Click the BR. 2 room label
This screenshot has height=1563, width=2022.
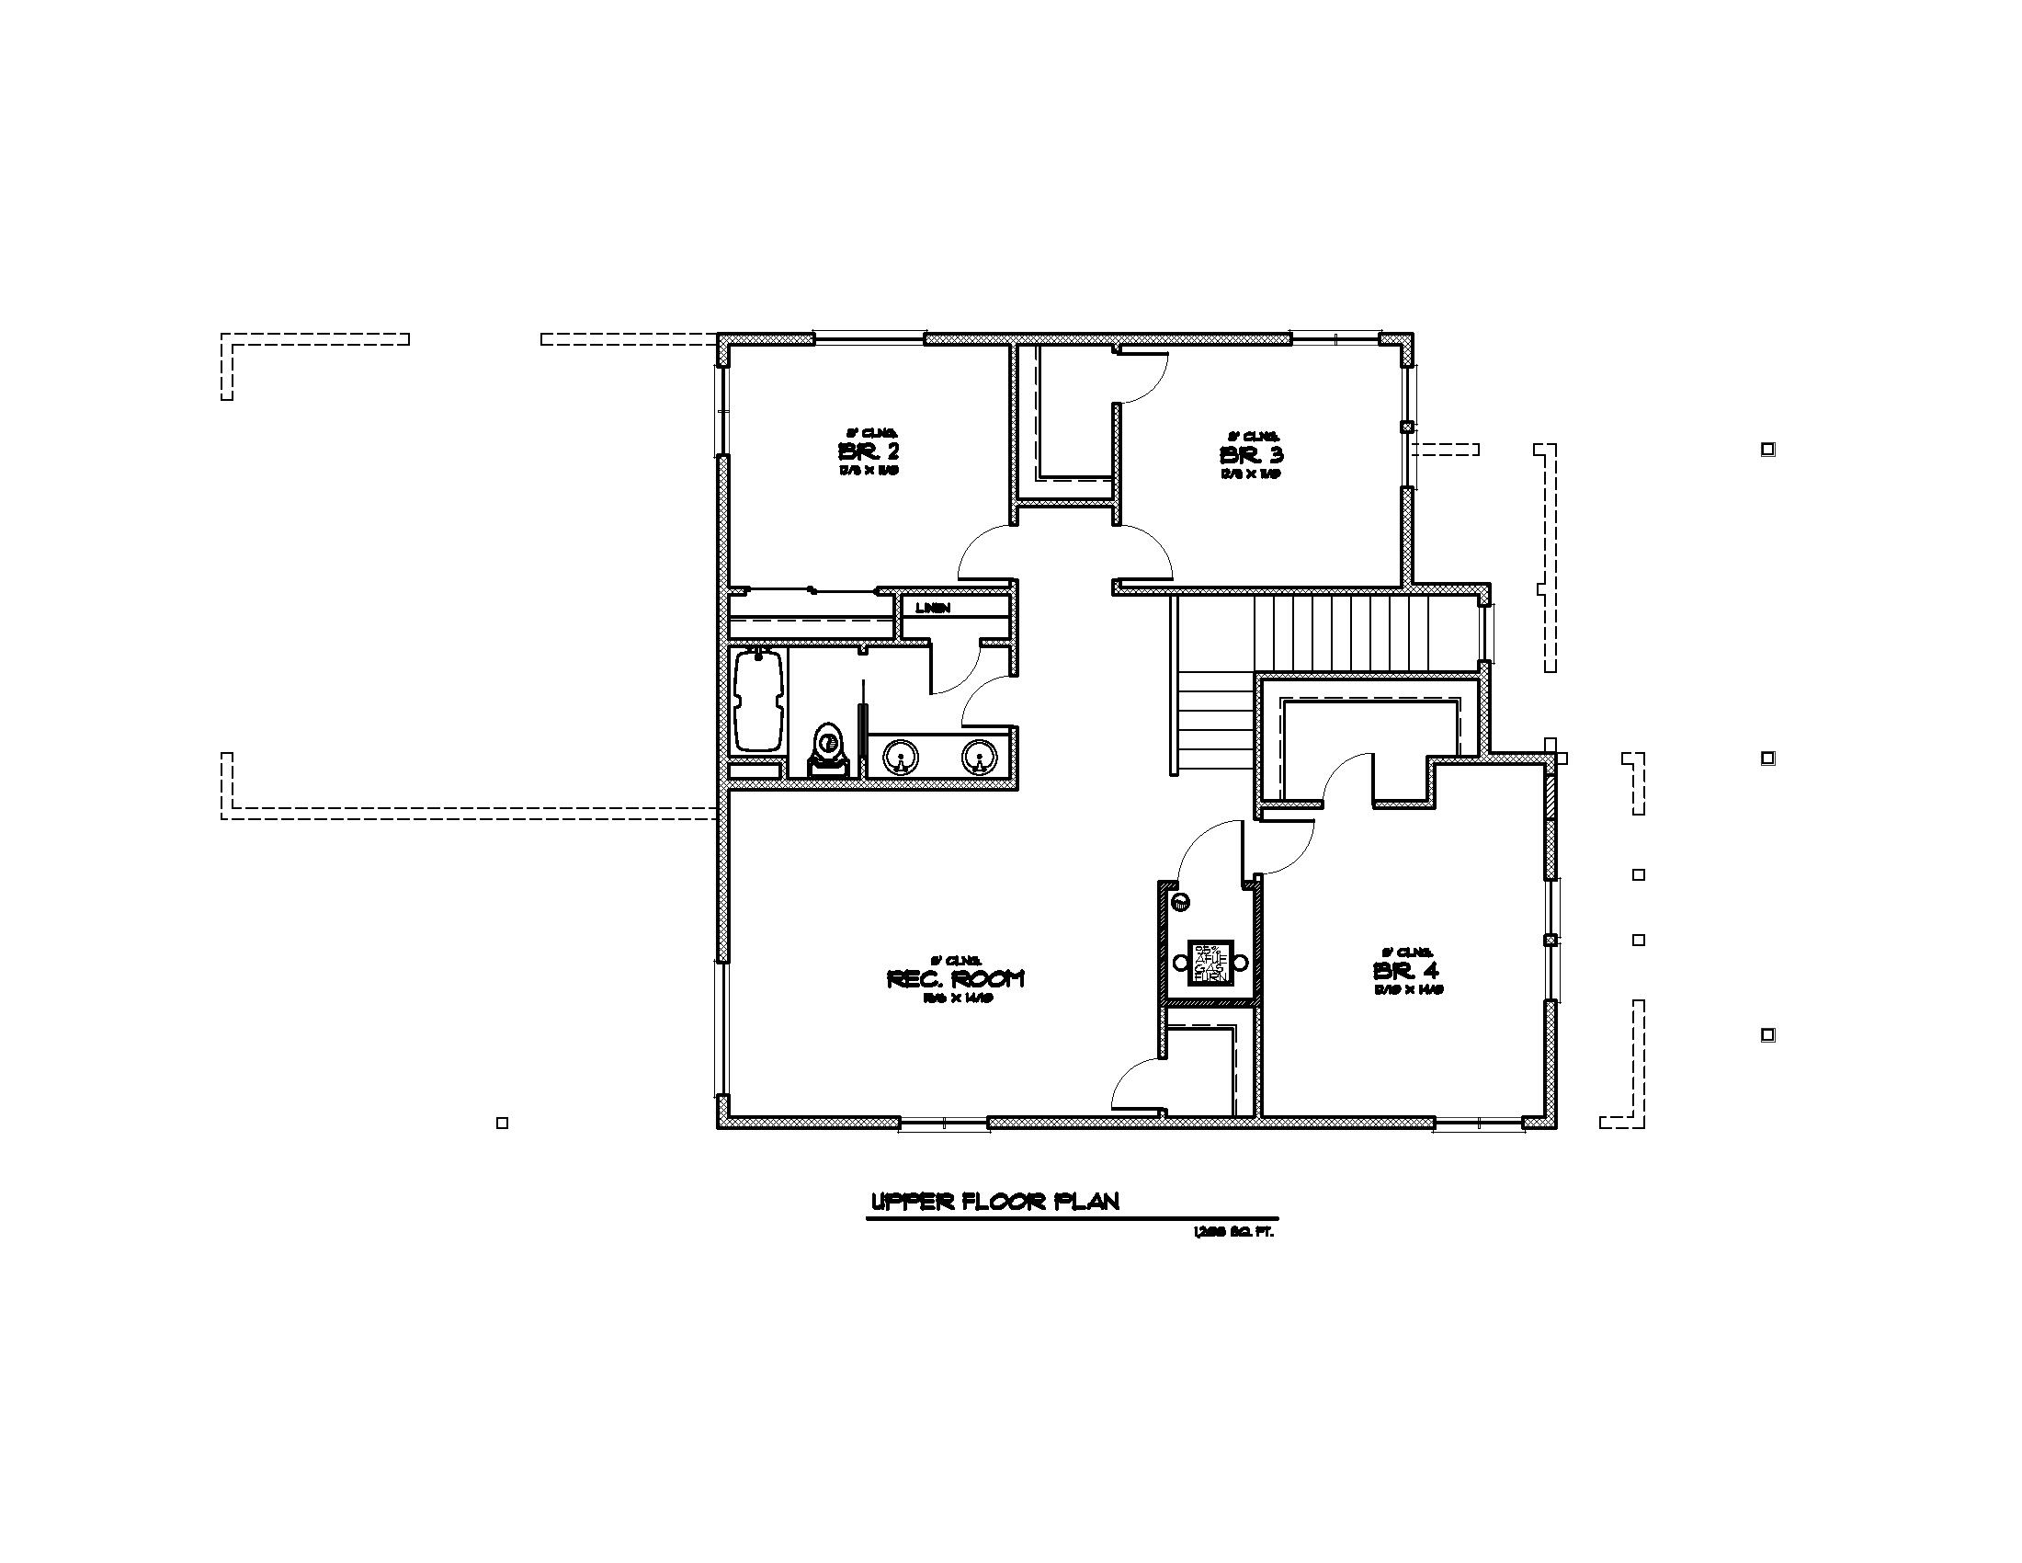click(x=869, y=452)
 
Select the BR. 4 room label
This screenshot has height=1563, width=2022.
click(x=1406, y=971)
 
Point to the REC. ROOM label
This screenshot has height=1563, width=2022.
click(x=956, y=979)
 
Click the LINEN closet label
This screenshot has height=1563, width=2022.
click(x=932, y=609)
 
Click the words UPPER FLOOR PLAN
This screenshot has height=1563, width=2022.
click(x=995, y=1202)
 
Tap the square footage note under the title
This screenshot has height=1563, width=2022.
click(x=1234, y=1232)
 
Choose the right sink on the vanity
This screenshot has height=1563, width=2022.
click(x=978, y=758)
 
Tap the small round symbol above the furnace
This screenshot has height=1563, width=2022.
click(x=1179, y=902)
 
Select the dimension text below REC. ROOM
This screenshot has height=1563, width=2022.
click(x=958, y=1000)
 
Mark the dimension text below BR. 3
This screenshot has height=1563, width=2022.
click(x=1251, y=474)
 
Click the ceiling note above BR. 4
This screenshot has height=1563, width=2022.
click(x=1407, y=952)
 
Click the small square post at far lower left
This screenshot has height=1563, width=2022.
click(x=502, y=1124)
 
